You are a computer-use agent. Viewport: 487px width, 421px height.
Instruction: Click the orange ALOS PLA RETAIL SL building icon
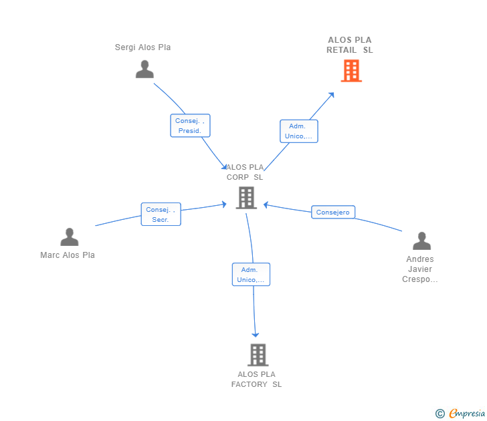351,71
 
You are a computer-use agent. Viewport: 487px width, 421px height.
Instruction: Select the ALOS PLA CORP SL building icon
246,198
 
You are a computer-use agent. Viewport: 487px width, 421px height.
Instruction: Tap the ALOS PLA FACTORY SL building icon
258,355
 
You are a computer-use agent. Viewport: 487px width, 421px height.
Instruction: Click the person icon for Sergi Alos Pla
144,69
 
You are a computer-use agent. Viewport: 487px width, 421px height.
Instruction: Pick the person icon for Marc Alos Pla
69,237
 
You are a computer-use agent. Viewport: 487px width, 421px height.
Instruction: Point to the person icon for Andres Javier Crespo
421,241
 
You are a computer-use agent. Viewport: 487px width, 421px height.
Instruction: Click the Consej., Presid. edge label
190,126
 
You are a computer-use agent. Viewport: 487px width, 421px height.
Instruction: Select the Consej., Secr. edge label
161,215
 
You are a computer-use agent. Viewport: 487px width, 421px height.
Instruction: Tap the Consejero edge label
333,213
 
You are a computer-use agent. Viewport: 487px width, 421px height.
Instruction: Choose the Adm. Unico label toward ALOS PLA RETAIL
298,131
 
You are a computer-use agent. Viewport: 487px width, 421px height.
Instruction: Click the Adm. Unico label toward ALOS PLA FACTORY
251,275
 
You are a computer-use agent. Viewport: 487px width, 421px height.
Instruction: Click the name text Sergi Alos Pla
143,47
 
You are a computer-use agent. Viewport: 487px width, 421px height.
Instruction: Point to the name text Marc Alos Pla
68,255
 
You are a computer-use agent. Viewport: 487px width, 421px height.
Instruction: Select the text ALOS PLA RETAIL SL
350,45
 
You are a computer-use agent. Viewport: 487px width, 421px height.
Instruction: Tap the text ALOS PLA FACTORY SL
257,380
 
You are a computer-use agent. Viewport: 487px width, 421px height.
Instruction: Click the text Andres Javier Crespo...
420,269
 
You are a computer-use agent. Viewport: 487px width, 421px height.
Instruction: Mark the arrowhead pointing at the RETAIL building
331,95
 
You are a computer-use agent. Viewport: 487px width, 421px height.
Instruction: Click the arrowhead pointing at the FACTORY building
255,334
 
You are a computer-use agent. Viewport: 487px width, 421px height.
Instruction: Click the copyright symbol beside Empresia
440,414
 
